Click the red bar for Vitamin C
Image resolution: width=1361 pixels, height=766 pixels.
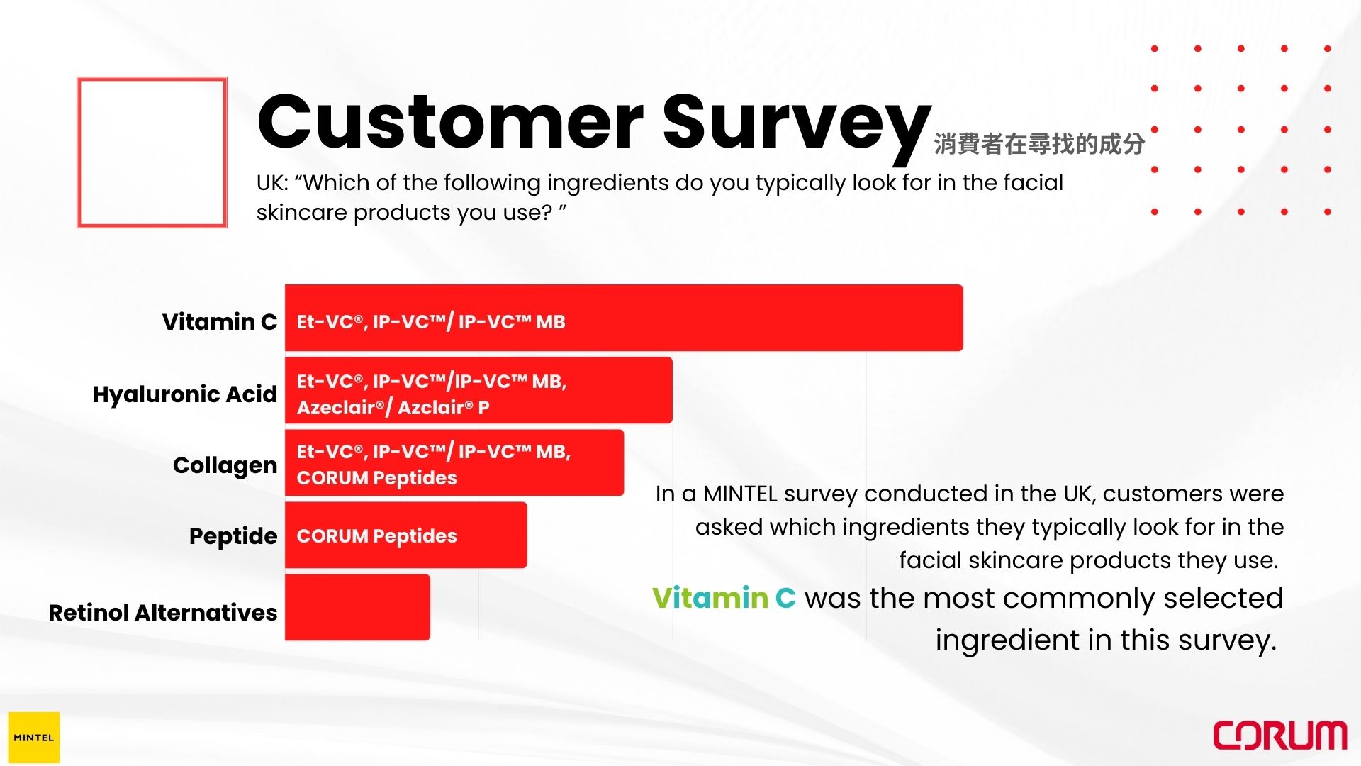(x=624, y=318)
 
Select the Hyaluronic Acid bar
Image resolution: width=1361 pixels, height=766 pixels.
(x=478, y=390)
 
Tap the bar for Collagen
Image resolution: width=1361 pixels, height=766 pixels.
(x=454, y=462)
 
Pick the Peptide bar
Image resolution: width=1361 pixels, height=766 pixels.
(x=406, y=535)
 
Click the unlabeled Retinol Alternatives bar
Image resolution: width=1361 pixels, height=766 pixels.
(x=357, y=607)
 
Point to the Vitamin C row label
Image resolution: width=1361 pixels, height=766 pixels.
(x=220, y=322)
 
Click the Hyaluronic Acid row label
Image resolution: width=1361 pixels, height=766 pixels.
(x=185, y=394)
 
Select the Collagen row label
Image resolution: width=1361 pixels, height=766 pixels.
(x=225, y=466)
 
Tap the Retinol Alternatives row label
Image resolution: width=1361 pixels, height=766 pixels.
(x=163, y=613)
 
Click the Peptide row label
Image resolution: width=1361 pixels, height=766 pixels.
(x=233, y=537)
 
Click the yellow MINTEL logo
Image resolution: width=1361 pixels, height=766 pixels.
(x=34, y=738)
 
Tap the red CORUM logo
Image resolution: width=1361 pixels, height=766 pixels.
(x=1280, y=736)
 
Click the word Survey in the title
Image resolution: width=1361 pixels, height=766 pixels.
(x=797, y=126)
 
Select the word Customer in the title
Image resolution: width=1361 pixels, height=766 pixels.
(x=451, y=122)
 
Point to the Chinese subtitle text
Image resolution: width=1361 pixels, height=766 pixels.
(x=1039, y=144)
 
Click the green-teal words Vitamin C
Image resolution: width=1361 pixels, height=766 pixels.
(x=724, y=598)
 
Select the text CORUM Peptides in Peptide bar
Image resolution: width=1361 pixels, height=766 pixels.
(x=376, y=536)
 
